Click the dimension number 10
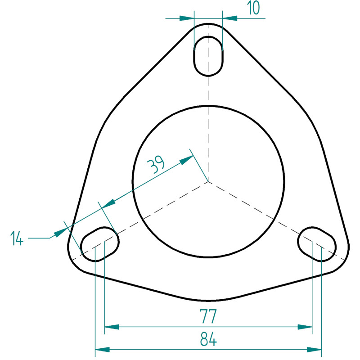tap(254, 8)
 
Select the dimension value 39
tap(156, 164)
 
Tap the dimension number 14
tap(17, 238)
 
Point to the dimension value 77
tap(208, 316)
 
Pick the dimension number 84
tap(208, 339)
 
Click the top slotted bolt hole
tap(208, 56)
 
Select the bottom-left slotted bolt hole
tap(99, 244)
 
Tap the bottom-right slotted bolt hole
tap(317, 244)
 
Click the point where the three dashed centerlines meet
tap(208, 181)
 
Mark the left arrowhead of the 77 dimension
tap(112, 327)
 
